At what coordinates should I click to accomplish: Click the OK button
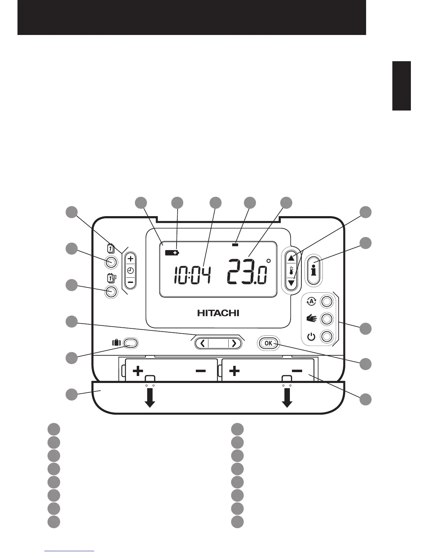[x=269, y=343]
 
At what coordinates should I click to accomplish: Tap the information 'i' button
[x=314, y=270]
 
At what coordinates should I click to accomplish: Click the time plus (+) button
[x=130, y=259]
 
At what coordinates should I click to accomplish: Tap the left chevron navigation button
[x=202, y=343]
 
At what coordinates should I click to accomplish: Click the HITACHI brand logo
[x=218, y=313]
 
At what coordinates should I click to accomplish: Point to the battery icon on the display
[x=172, y=253]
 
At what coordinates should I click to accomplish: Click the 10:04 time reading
[x=193, y=274]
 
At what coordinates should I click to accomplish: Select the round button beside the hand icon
[x=327, y=319]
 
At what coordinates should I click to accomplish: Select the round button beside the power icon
[x=327, y=337]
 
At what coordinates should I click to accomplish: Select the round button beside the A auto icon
[x=327, y=301]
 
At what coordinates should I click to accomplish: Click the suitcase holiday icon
[x=116, y=343]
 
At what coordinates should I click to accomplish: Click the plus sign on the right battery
[x=234, y=371]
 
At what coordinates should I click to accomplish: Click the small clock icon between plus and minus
[x=130, y=271]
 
